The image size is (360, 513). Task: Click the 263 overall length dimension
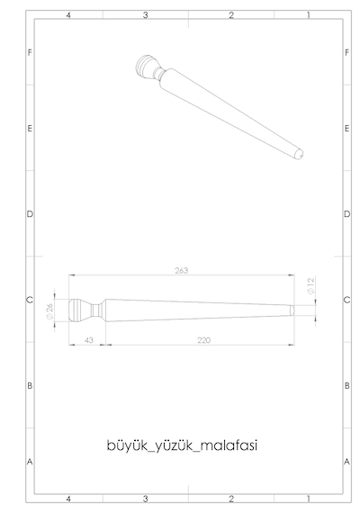coord(181,271)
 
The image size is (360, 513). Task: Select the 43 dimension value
coord(89,340)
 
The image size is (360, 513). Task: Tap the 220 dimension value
coord(204,340)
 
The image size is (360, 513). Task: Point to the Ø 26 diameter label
coord(49,311)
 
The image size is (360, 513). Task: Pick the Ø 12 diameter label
coord(310,285)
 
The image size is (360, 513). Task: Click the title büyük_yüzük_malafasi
coord(182,445)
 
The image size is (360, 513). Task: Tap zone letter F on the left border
coord(30,53)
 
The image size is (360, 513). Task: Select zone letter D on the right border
coord(346,214)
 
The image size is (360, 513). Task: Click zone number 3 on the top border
coord(145,15)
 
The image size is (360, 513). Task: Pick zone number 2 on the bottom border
coord(231,499)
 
